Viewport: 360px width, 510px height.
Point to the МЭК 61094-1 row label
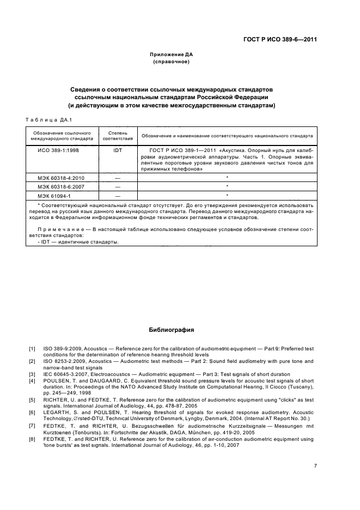pos(53,195)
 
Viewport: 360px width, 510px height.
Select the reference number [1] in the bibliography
pos(32,348)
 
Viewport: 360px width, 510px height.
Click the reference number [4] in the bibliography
pos(32,380)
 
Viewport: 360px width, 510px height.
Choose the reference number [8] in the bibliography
pos(32,439)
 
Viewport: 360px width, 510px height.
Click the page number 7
pos(315,465)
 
